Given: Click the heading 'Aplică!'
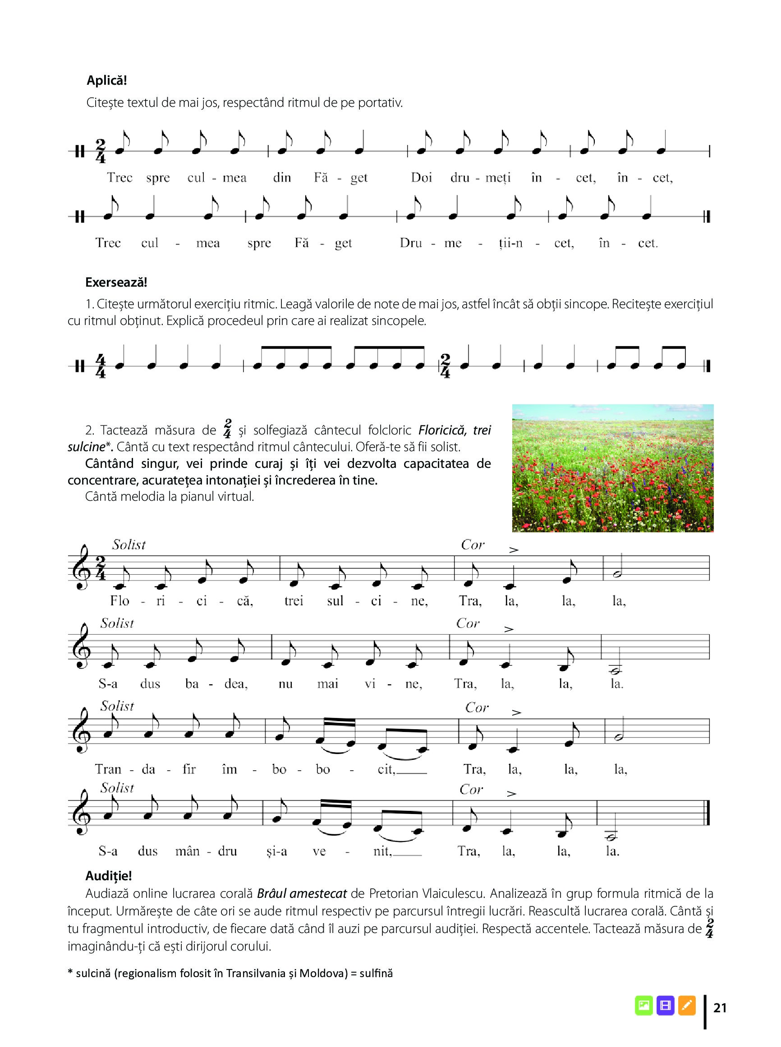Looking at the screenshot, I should pyautogui.click(x=107, y=80).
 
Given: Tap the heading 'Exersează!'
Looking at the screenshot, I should pyautogui.click(x=116, y=283).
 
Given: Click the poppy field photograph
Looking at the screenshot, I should pyautogui.click(x=613, y=468).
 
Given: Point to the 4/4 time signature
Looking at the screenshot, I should pyautogui.click(x=100, y=366).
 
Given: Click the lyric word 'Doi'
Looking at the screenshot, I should pyautogui.click(x=422, y=178).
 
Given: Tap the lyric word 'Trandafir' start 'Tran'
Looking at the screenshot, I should pyautogui.click(x=108, y=769).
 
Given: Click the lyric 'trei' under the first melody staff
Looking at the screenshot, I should pyautogui.click(x=294, y=601).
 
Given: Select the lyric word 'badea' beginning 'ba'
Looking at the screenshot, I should pyautogui.click(x=192, y=684).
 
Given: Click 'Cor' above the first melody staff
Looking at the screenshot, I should pyautogui.click(x=472, y=545).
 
